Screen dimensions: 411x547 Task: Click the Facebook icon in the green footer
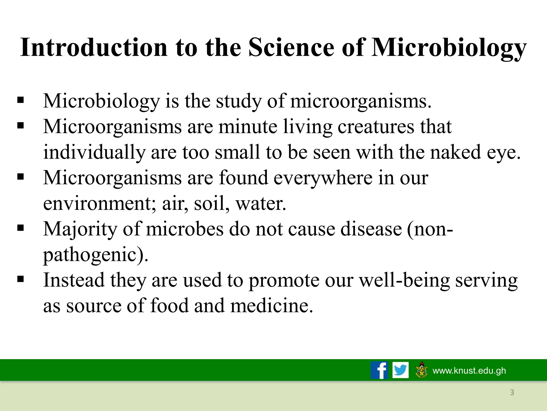(379, 370)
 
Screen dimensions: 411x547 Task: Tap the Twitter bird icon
(400, 370)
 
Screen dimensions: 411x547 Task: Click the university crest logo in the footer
(421, 370)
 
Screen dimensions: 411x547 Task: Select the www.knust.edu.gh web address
(469, 371)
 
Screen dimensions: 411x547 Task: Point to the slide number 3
(512, 392)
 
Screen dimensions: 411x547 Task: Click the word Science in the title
(291, 47)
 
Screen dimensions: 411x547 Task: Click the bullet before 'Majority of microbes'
(21, 228)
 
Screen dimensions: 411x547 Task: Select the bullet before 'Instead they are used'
(21, 279)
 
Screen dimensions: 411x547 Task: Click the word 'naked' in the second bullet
(456, 152)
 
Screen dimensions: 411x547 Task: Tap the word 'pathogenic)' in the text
(96, 255)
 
